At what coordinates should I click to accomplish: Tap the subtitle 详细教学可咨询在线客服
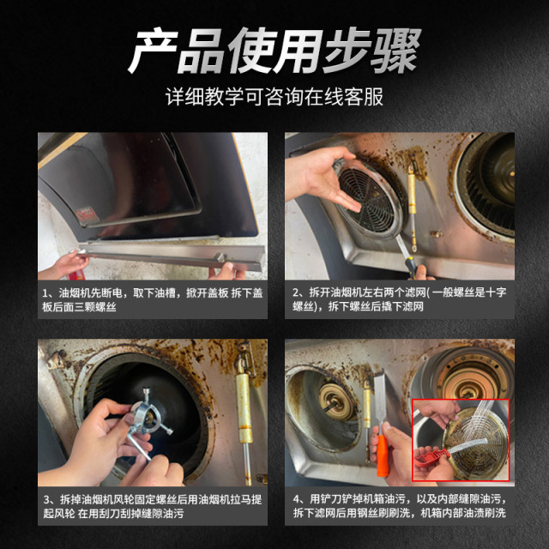tap(274, 95)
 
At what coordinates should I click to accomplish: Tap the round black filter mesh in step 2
tap(367, 195)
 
